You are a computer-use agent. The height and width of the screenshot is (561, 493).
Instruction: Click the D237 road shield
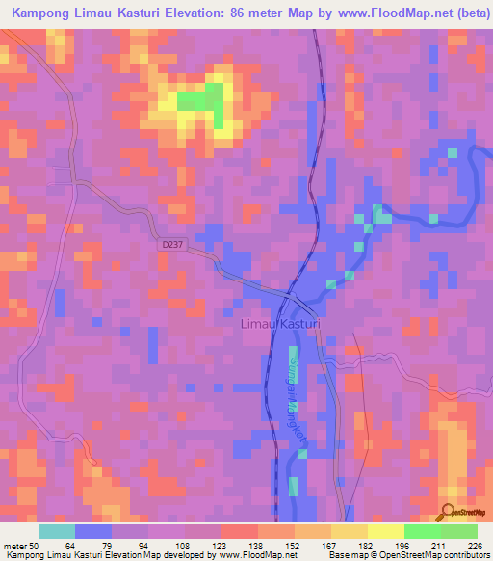171,246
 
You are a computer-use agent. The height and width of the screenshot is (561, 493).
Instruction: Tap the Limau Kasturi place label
278,328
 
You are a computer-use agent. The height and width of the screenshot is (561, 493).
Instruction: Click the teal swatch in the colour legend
57,531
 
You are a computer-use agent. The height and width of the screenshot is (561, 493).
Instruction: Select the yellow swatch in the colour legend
386,531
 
